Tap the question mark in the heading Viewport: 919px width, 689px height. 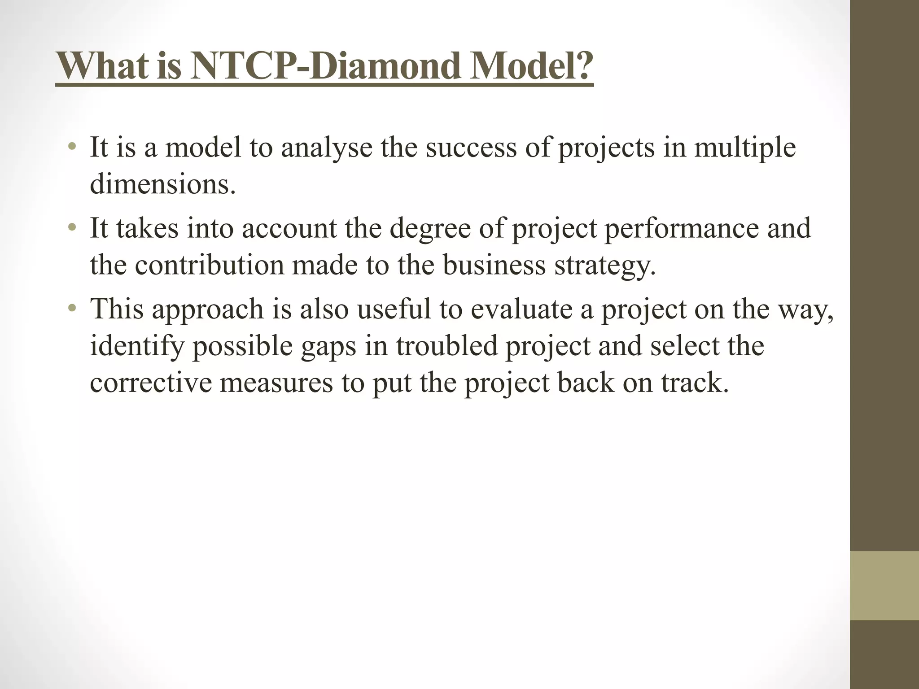pos(582,66)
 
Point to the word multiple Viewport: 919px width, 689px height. pos(745,148)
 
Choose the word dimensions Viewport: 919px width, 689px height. pos(162,184)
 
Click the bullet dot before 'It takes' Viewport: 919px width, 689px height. pos(72,228)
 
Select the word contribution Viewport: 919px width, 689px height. pos(209,265)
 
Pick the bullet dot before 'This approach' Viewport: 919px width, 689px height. pos(72,309)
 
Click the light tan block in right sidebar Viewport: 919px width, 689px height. pos(884,586)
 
